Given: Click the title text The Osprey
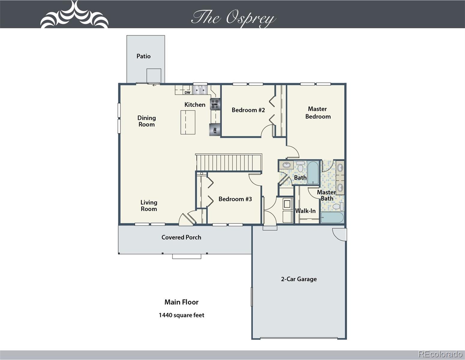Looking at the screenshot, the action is (x=234, y=18).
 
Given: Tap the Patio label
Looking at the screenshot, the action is (x=143, y=56).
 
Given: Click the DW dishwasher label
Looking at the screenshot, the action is (x=187, y=93).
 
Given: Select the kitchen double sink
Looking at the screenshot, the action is (x=200, y=90).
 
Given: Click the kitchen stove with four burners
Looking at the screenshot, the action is (x=215, y=104).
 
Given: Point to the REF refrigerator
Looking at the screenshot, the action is (x=215, y=130).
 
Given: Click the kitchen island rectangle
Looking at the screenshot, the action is (x=188, y=122).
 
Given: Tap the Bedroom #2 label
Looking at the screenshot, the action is (x=248, y=110).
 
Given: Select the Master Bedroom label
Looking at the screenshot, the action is (x=318, y=113).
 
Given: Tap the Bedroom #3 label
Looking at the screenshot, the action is (x=235, y=199).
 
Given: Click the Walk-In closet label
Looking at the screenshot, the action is (x=305, y=211).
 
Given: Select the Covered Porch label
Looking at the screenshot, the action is (x=181, y=237).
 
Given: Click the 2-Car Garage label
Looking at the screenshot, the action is (x=299, y=279).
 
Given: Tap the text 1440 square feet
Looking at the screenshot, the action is (x=181, y=315).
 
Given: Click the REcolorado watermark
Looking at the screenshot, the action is (x=440, y=354).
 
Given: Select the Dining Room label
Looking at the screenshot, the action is (x=146, y=121).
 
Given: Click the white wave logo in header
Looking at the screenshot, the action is (x=74, y=14).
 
